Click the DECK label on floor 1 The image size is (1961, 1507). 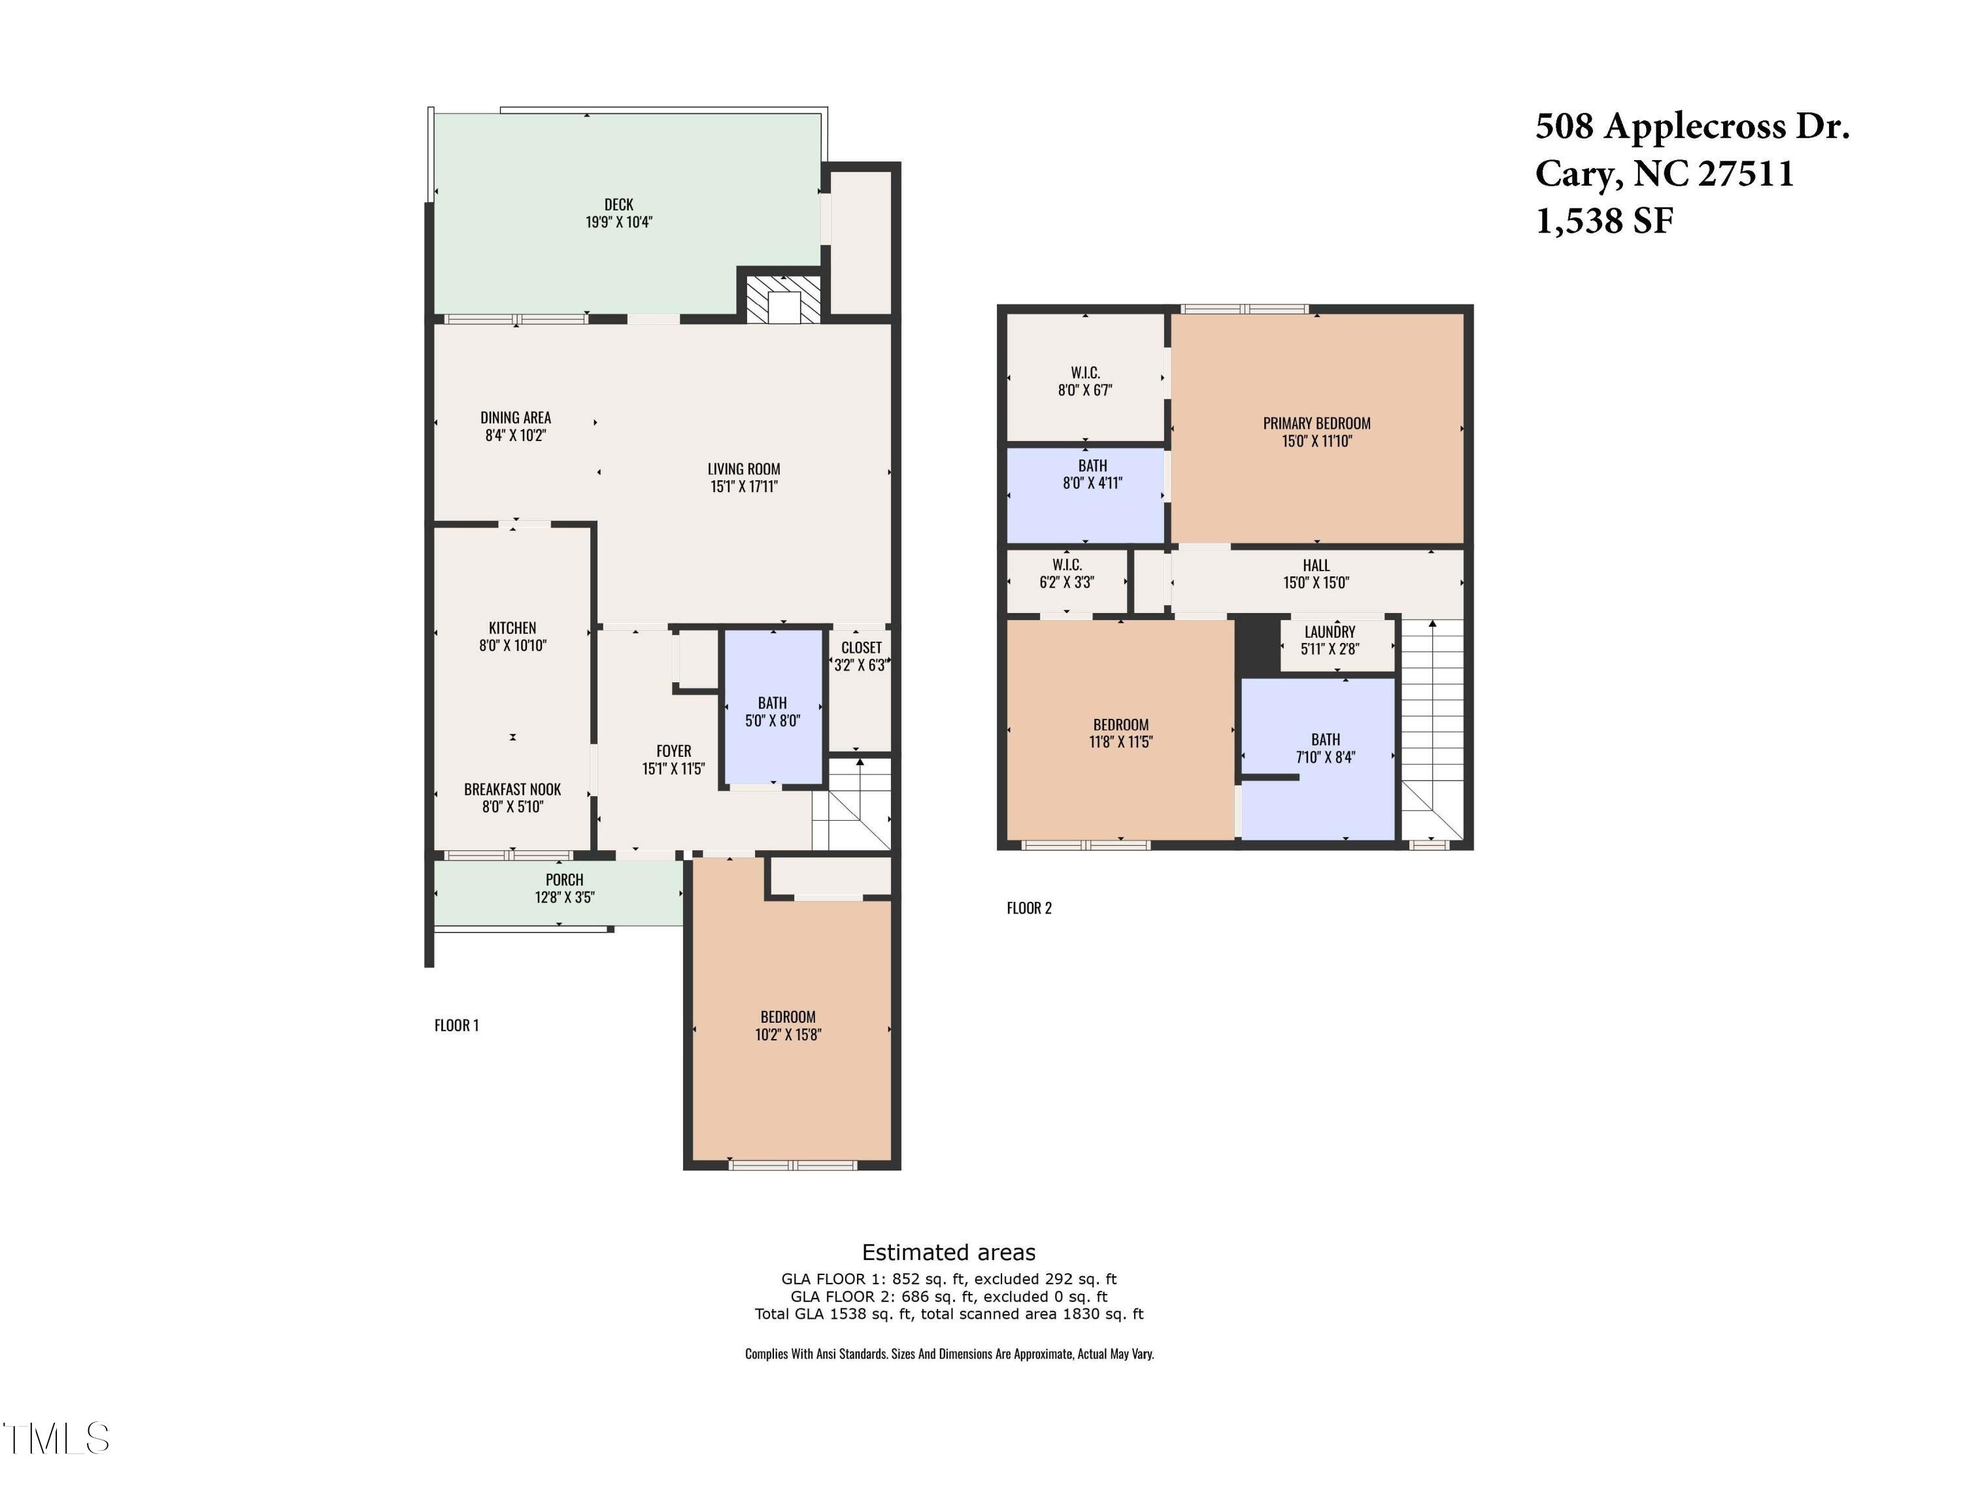618,205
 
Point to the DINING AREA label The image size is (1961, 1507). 515,417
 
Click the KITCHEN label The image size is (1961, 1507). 512,628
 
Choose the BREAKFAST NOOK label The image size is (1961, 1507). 512,789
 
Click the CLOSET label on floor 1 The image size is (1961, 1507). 861,648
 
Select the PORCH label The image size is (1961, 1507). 564,880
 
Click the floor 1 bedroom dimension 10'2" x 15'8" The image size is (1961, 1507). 788,1035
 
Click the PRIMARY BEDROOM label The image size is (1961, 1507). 1316,423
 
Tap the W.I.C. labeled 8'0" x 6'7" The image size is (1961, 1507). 1084,380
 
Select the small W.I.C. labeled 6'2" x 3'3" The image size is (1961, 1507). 1067,572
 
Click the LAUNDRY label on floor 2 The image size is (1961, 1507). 1330,631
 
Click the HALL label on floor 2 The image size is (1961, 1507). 1316,565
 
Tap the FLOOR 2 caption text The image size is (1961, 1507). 1029,908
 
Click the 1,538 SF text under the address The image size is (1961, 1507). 1604,221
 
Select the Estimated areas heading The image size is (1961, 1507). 948,1252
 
